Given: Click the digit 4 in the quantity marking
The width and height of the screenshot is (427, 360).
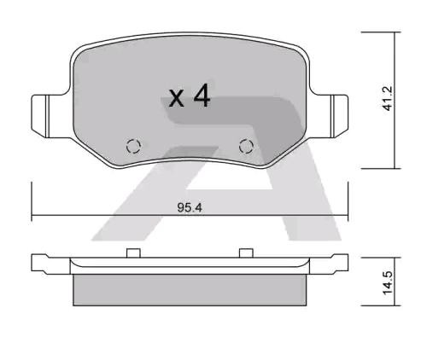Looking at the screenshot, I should [202, 97].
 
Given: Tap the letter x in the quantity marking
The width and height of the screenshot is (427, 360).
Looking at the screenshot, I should [177, 100].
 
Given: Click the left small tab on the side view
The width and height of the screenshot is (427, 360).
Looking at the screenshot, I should [132, 252].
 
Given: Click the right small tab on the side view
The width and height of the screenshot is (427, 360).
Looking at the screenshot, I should [246, 252].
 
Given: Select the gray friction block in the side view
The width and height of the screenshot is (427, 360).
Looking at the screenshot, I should [189, 287].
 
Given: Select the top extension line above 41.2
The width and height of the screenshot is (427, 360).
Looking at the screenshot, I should [380, 33].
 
